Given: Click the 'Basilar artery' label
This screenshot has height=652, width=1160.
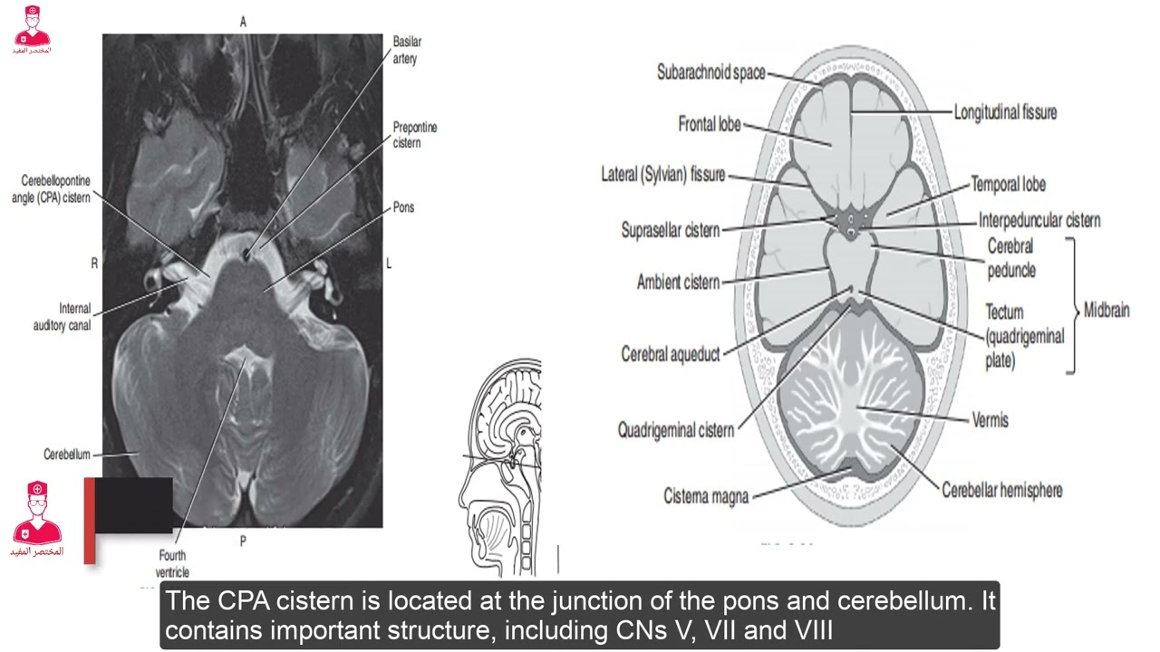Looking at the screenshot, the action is click(407, 50).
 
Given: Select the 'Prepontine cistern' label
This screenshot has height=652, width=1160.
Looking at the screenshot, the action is click(415, 135).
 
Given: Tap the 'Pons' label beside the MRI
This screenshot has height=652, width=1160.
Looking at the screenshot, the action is click(403, 207).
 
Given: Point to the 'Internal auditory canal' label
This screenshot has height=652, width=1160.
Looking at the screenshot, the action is click(63, 317).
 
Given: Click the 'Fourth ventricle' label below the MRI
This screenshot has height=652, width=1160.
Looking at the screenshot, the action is click(172, 563).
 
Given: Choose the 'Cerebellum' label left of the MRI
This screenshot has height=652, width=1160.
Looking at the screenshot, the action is click(67, 455).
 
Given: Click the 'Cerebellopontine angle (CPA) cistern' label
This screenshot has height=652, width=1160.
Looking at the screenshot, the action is click(51, 189).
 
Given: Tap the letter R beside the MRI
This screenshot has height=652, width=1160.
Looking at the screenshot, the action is click(94, 264).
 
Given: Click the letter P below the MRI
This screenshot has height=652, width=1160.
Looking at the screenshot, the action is click(243, 542).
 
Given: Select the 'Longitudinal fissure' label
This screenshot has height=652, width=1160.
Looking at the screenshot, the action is click(1005, 112).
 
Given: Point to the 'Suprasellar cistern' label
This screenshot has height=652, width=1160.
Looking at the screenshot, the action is click(670, 230).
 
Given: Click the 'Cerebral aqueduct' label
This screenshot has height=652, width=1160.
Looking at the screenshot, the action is click(670, 354).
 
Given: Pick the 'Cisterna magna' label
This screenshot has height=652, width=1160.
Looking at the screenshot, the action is click(706, 495).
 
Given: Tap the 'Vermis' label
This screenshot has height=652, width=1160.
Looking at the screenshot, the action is click(991, 419).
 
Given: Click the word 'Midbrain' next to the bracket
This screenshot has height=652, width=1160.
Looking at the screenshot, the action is click(1107, 310).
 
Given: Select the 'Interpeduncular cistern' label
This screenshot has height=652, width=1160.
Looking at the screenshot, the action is click(1039, 220).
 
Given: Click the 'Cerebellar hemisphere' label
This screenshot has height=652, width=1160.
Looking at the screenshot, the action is click(1002, 490).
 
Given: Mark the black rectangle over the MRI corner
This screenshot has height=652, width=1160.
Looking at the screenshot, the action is click(133, 505).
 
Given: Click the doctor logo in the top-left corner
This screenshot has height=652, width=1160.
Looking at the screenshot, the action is click(32, 30).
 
